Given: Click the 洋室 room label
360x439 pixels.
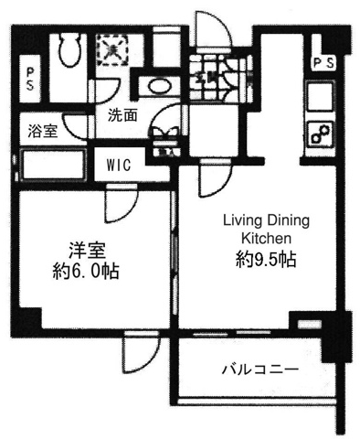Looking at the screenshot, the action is [x=87, y=251].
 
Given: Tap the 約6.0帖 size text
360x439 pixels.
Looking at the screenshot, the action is [x=86, y=271].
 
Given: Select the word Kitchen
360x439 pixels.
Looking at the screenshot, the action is [x=266, y=238].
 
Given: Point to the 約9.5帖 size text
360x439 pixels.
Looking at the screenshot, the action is [x=266, y=260].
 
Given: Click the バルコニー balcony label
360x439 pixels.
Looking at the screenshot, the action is [x=259, y=370].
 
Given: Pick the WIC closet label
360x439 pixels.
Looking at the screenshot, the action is [x=119, y=165].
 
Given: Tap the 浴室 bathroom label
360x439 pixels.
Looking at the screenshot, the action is [x=42, y=131].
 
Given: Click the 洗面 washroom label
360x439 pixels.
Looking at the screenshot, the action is [x=122, y=115].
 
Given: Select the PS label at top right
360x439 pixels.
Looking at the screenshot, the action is [x=323, y=63].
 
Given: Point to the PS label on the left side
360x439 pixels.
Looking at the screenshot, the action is [x=30, y=79].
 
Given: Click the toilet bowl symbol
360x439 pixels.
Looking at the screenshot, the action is [x=69, y=49].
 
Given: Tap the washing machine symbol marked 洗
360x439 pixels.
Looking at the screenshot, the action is [x=111, y=49].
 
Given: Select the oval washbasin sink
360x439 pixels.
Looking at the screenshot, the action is [x=159, y=86].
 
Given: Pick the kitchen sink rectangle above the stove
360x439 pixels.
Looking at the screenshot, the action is [x=321, y=97].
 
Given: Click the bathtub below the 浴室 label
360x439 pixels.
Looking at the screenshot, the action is [x=52, y=165].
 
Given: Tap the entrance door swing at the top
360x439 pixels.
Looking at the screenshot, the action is [x=213, y=30].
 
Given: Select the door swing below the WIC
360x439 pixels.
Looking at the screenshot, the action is [x=122, y=204].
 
